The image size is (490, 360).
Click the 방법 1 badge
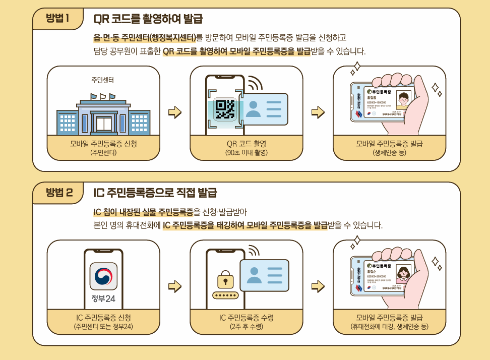point(57,19)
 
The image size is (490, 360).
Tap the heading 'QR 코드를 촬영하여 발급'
point(148,20)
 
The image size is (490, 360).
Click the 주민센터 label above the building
point(102,80)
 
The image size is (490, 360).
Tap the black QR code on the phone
point(224,109)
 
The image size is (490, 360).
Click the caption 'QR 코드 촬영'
point(247,144)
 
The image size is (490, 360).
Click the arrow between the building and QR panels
point(174,112)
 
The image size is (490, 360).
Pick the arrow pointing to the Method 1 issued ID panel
point(318,112)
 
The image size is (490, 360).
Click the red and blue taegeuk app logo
point(103,276)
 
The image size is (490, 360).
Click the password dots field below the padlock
point(225,295)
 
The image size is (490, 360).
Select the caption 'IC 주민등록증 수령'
point(247,318)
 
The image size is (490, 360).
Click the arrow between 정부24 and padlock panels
point(174,286)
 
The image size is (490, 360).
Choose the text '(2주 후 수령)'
point(247,327)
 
